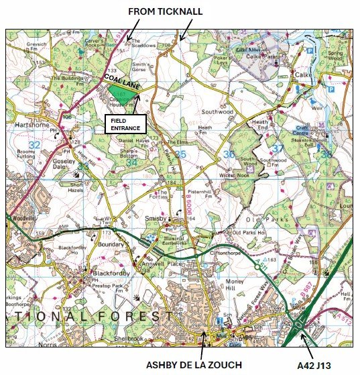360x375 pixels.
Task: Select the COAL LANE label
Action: (120, 80)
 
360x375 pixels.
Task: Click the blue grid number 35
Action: (180, 155)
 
